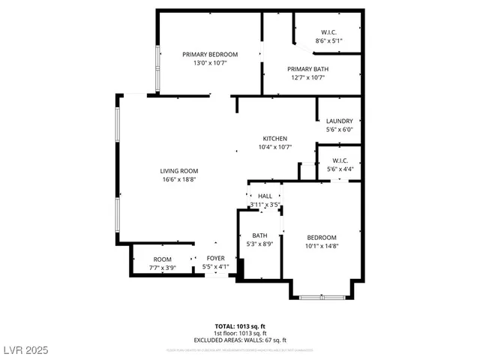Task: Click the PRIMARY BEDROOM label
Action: [211, 55]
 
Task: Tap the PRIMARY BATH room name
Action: [307, 69]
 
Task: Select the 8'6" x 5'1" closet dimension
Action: [328, 41]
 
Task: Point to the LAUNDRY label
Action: [339, 121]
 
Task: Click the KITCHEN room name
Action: [274, 139]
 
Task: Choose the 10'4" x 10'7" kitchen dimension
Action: [274, 148]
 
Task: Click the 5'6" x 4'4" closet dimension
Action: [340, 169]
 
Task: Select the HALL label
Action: [265, 196]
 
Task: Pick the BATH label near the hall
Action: [259, 235]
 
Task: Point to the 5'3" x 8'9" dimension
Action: [259, 244]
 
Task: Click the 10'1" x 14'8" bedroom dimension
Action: [321, 246]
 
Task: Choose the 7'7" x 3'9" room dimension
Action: [163, 267]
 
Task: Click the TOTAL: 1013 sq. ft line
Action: [240, 326]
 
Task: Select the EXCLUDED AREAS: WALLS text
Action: [240, 340]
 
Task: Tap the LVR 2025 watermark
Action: [26, 351]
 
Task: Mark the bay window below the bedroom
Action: [322, 298]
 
